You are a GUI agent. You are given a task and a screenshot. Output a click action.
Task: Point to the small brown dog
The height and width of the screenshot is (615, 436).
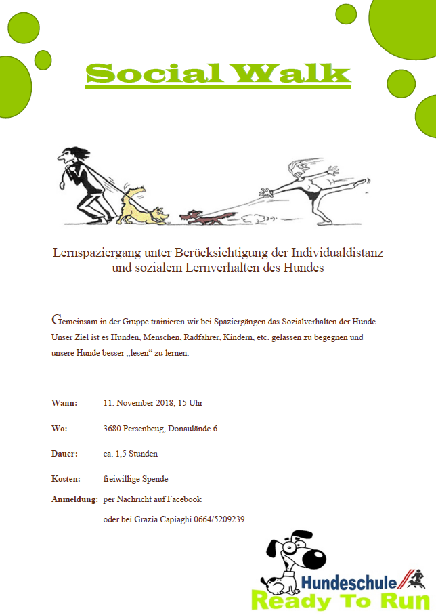tap(200, 217)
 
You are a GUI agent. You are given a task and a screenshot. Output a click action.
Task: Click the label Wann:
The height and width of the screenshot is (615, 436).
tap(64, 403)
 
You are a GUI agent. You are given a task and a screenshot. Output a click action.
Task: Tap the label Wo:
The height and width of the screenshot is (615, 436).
tap(59, 429)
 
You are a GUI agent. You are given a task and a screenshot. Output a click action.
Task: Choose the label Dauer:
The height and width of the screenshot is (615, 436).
tap(65, 454)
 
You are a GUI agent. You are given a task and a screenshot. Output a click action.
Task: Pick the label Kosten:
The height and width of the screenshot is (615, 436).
tap(66, 479)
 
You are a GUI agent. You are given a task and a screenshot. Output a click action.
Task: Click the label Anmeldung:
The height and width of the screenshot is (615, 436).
tap(74, 499)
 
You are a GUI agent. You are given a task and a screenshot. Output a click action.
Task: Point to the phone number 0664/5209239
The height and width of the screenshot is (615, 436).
tap(219, 519)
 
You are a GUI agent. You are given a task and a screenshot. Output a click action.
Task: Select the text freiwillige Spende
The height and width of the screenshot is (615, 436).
tap(135, 479)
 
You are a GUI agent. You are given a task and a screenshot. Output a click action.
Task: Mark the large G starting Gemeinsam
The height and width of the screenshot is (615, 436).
tap(56, 319)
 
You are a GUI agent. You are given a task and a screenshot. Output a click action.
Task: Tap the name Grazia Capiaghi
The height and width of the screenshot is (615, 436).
tap(160, 519)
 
